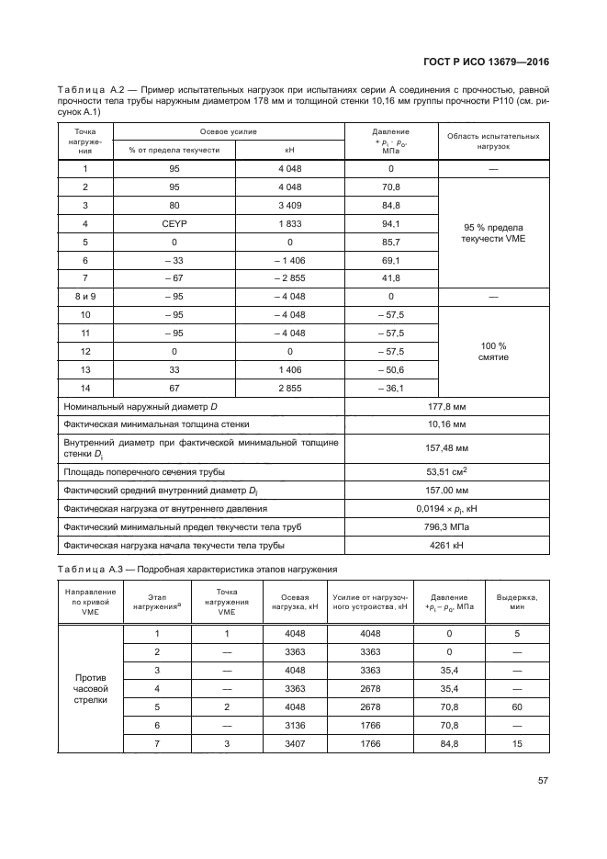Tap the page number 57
pyautogui.click(x=543, y=781)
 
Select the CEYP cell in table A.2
pyautogui.click(x=172, y=223)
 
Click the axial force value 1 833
pyautogui.click(x=289, y=223)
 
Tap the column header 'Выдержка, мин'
pyautogui.click(x=523, y=602)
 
